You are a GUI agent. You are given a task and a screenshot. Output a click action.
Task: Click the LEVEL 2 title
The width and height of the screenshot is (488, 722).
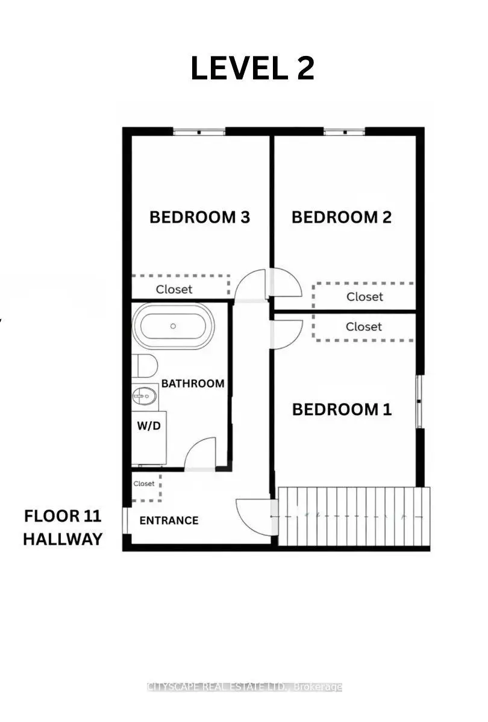coord(252,68)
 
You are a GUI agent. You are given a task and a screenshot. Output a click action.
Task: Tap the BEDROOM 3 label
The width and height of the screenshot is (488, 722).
coord(200,217)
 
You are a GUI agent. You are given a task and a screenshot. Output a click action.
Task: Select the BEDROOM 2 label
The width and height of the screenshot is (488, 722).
coord(342,217)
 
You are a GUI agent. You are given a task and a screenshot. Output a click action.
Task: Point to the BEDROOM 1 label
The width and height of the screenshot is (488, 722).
coord(342,409)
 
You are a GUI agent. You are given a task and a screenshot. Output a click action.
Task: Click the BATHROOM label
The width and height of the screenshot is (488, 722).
coord(193,384)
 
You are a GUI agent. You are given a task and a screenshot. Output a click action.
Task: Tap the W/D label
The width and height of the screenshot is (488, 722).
coord(149,426)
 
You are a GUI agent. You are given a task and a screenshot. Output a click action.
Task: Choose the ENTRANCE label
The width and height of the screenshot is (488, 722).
coord(169,520)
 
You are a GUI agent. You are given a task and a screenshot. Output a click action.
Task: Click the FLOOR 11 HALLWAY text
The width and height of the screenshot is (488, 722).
coord(63,527)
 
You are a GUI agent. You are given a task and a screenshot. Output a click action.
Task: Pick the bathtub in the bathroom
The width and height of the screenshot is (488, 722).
coord(174,326)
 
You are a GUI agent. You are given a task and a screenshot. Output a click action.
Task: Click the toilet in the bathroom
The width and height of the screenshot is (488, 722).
coord(145,366)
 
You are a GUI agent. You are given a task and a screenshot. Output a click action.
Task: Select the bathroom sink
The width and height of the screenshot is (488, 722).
coord(144,396)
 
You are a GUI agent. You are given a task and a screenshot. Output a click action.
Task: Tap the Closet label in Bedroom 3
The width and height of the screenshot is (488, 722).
coord(174,289)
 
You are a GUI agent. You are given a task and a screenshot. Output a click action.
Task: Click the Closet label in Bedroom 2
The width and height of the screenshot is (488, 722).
coord(364,297)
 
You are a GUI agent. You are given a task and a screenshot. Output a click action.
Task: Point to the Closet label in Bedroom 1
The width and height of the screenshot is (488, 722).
coord(364,327)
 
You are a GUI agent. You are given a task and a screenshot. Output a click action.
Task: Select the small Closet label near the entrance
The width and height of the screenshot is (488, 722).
coord(144,484)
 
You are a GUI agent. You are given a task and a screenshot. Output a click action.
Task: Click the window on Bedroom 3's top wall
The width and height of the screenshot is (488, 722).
coord(199,132)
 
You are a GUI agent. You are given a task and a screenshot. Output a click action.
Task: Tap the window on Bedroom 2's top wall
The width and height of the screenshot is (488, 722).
coord(345,132)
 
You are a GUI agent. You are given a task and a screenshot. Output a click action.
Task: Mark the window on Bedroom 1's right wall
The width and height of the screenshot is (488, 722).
coord(419,401)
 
